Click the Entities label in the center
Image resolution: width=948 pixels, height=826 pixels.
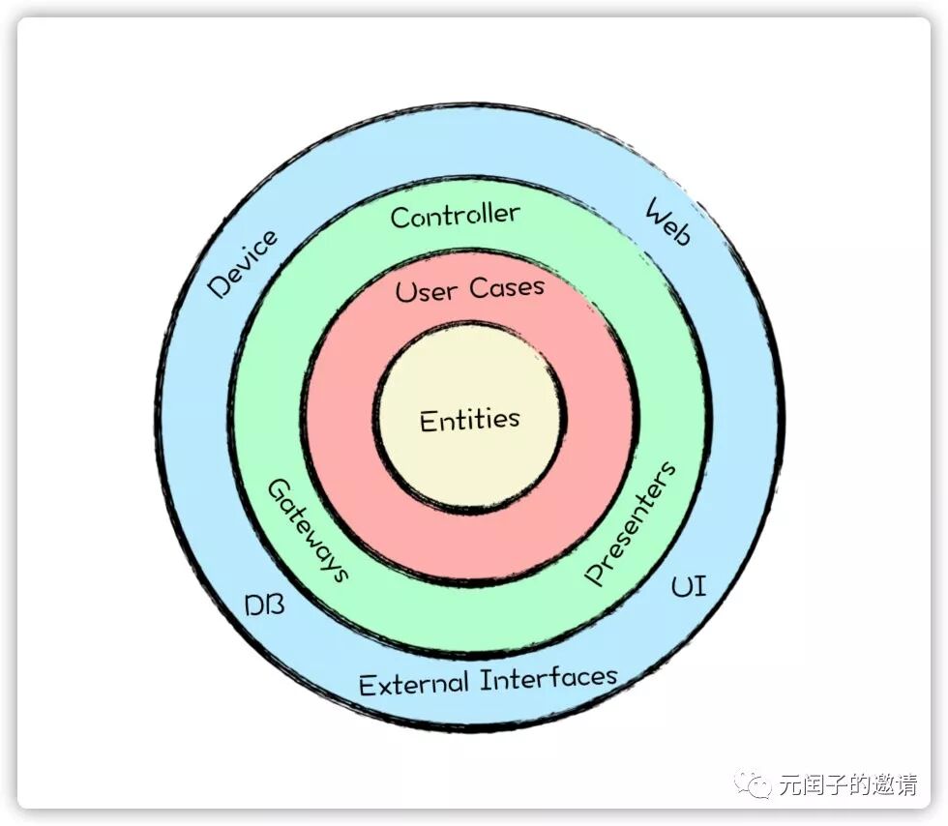(x=469, y=420)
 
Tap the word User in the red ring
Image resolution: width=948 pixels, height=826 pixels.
(x=427, y=290)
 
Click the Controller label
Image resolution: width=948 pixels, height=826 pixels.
(x=455, y=215)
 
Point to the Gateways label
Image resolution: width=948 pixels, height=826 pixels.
(x=307, y=530)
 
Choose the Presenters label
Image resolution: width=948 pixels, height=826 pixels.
(x=630, y=523)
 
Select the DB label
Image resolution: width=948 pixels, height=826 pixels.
(x=264, y=606)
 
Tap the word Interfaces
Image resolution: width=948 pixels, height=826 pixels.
(x=548, y=677)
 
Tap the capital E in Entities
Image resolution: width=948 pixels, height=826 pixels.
(x=428, y=422)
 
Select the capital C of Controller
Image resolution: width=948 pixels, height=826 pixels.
(x=399, y=218)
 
